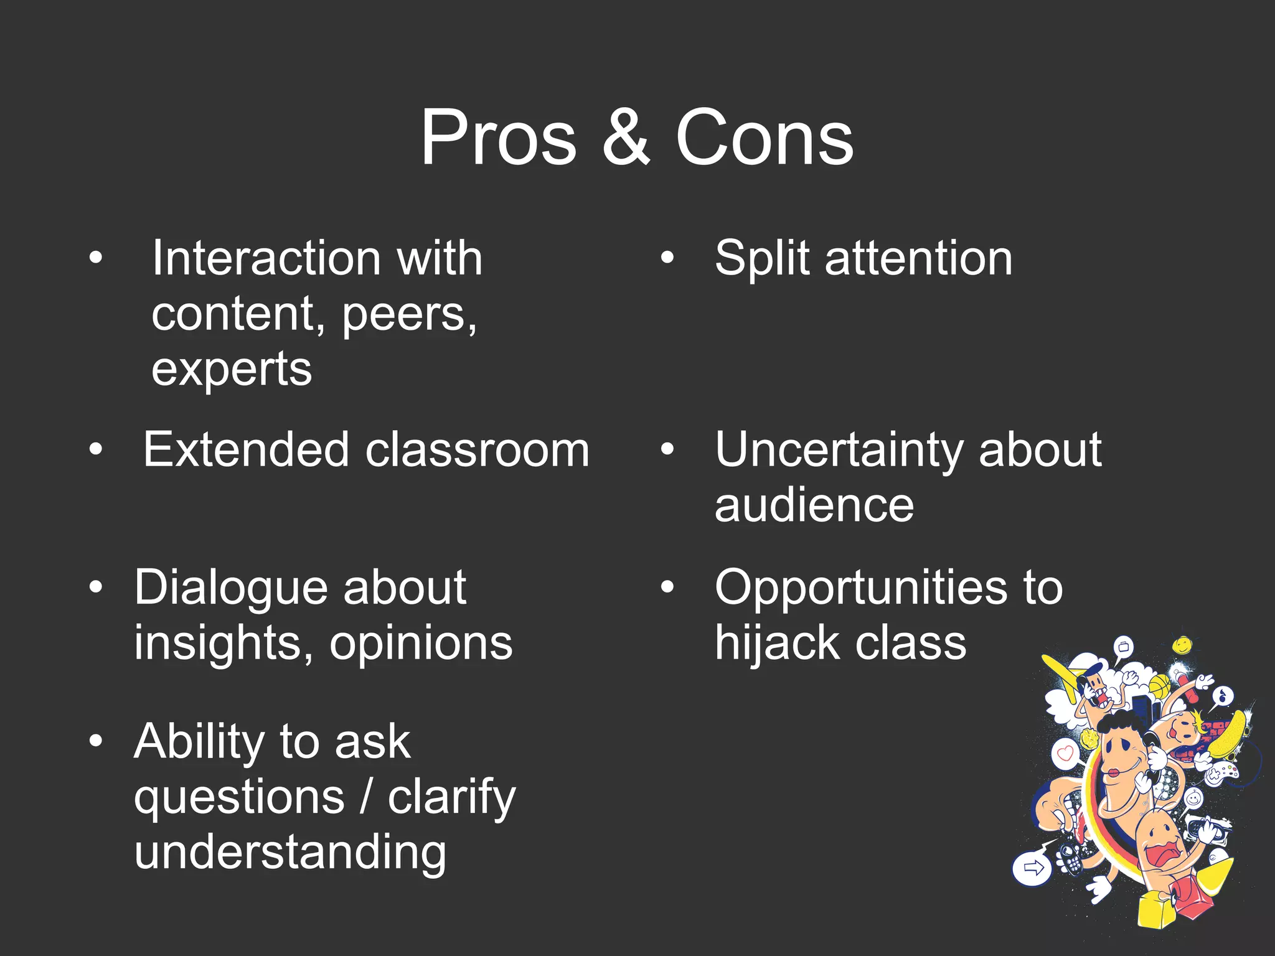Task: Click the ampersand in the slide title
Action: (626, 138)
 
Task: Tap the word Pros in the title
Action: (499, 138)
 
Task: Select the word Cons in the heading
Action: (765, 138)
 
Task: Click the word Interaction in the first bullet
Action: (266, 258)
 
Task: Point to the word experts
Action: (232, 369)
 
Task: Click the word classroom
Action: (478, 449)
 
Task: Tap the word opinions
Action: (421, 642)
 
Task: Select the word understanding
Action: (290, 851)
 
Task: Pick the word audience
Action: (814, 505)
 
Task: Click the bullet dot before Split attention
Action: (667, 258)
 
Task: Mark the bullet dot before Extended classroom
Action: (95, 449)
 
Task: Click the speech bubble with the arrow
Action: (1032, 868)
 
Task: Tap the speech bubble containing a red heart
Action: (1066, 754)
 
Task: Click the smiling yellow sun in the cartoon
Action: (1182, 645)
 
